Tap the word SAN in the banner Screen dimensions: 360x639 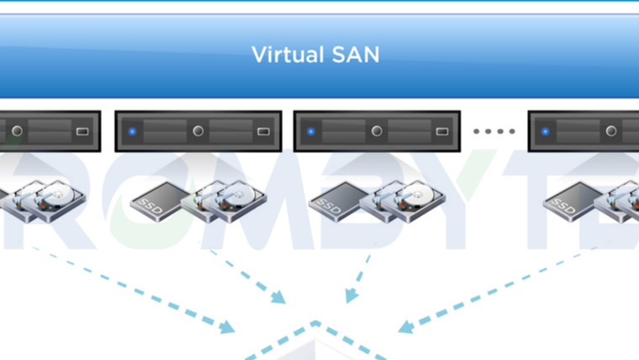point(355,56)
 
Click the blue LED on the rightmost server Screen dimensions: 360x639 point(546,131)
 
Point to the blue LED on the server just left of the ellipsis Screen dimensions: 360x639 point(311,131)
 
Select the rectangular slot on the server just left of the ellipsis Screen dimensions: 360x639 point(442,131)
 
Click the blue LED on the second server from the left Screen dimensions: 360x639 point(132,131)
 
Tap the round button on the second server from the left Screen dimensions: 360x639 point(198,131)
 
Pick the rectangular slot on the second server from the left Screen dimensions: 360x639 point(263,131)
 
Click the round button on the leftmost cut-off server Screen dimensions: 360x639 point(17,131)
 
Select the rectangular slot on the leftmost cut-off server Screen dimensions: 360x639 point(82,131)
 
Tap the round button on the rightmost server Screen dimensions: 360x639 point(611,131)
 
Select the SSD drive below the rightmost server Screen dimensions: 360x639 point(565,202)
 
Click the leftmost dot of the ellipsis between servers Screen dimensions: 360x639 point(477,131)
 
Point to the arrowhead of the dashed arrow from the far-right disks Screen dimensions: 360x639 point(405,326)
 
